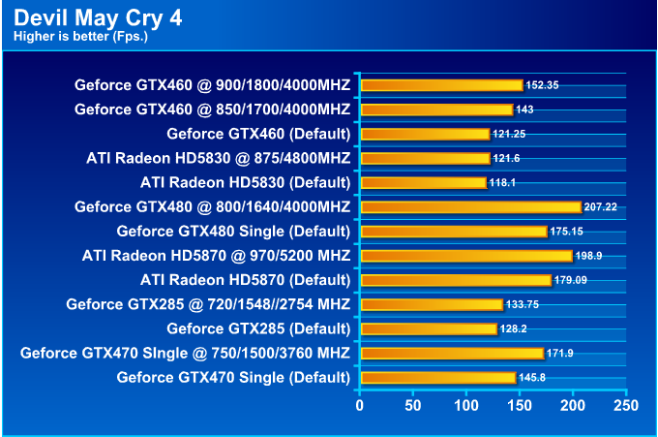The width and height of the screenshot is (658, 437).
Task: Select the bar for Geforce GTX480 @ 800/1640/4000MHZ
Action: click(470, 206)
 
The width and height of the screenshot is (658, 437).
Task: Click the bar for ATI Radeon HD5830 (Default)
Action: click(423, 182)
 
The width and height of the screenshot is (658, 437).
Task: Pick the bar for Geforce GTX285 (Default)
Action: click(428, 328)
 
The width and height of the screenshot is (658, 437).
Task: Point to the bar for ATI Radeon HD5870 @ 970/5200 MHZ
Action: click(466, 256)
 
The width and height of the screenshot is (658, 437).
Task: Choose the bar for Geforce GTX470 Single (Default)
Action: click(437, 377)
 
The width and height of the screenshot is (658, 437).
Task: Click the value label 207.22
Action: click(601, 207)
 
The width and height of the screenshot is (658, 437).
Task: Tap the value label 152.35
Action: click(542, 85)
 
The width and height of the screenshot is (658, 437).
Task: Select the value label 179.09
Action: click(571, 280)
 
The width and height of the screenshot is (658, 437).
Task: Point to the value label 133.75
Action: click(523, 304)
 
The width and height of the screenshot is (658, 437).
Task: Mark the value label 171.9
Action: click(559, 353)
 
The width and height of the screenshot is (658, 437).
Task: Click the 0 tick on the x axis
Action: click(359, 404)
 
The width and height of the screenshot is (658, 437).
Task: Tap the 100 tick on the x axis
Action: click(466, 404)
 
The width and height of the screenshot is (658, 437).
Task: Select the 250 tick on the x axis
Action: click(626, 404)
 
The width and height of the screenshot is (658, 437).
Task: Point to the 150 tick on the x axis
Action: click(520, 404)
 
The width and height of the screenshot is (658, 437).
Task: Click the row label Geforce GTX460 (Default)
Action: click(258, 133)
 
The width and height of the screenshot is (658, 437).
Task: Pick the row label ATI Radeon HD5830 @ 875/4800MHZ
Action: click(218, 157)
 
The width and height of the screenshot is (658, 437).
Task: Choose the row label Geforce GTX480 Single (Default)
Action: click(233, 231)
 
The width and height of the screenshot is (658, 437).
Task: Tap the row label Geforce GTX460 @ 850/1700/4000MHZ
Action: click(212, 109)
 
